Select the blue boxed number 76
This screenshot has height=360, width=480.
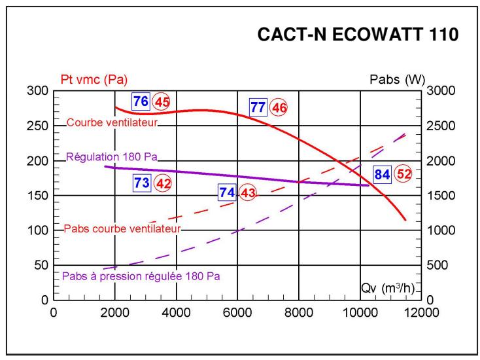pyautogui.click(x=141, y=101)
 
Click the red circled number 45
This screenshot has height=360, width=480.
pyautogui.click(x=161, y=102)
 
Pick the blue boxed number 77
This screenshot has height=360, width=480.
pyautogui.click(x=258, y=107)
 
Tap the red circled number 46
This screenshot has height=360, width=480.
pyautogui.click(x=279, y=107)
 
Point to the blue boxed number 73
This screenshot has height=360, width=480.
pyautogui.click(x=142, y=183)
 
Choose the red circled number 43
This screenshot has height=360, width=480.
pyautogui.click(x=247, y=193)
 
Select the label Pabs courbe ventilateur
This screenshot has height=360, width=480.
pyautogui.click(x=122, y=229)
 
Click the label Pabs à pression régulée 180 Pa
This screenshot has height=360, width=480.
pyautogui.click(x=141, y=276)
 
